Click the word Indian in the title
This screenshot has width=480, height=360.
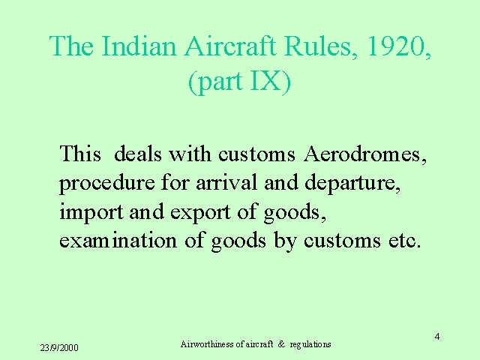pyautogui.click(x=139, y=46)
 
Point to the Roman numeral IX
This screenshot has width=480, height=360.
pyautogui.click(x=265, y=81)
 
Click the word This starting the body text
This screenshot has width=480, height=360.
pyautogui.click(x=80, y=153)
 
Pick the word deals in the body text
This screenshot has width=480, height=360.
pyautogui.click(x=137, y=153)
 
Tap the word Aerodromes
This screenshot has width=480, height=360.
pyautogui.click(x=362, y=153)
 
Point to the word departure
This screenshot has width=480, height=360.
pyautogui.click(x=349, y=183)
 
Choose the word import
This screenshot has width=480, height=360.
pyautogui.click(x=91, y=212)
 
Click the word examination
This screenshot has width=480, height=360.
pyautogui.click(x=118, y=240)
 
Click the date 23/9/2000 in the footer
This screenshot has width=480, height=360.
pyautogui.click(x=59, y=348)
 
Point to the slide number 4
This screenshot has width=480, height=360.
pyautogui.click(x=437, y=337)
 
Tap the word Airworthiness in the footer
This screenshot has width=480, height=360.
pyautogui.click(x=207, y=344)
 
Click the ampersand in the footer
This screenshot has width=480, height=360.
pyautogui.click(x=281, y=344)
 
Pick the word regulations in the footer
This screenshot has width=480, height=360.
pyautogui.click(x=310, y=345)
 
